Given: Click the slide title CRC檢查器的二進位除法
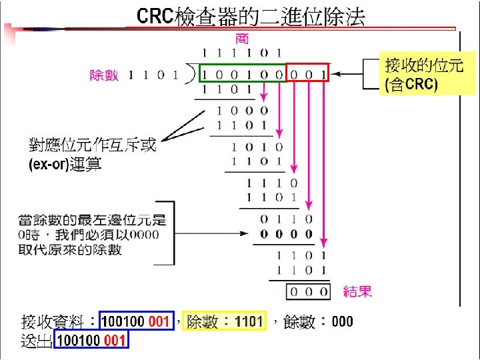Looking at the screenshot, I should point(251,17).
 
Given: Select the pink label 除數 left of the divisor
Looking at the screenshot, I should point(105,75).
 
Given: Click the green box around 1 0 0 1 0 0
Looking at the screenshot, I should point(243,73).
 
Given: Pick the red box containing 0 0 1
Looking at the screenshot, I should point(307,73).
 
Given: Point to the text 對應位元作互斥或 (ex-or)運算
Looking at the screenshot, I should point(91,154).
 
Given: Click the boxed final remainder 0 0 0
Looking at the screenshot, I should point(308,291).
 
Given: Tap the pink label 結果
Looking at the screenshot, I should point(357,291).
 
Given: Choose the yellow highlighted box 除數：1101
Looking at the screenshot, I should point(225,322).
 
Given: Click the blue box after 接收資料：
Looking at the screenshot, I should point(135,322).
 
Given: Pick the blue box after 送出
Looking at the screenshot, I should point(91,341).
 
